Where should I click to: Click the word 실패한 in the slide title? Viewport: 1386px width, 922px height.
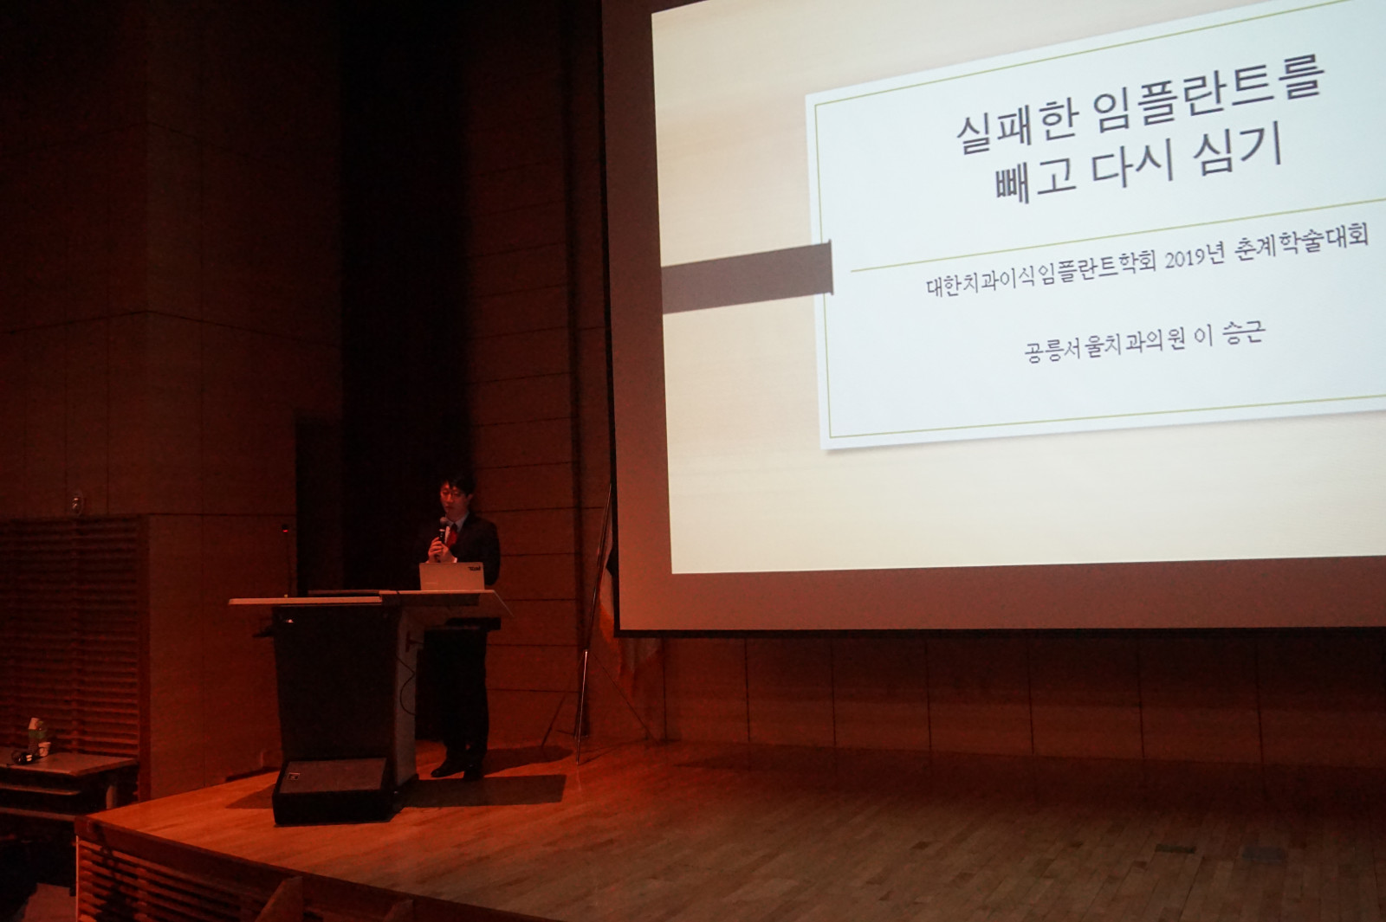[x=1017, y=126]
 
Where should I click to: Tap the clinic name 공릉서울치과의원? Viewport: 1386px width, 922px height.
[x=1104, y=347]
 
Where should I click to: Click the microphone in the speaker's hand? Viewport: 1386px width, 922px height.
[x=442, y=532]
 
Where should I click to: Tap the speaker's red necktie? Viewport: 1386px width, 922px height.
[x=453, y=536]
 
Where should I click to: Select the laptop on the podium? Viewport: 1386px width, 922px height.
[x=451, y=577]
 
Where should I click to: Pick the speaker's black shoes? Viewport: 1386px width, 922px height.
[x=457, y=769]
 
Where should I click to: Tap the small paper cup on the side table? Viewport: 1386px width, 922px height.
[x=43, y=749]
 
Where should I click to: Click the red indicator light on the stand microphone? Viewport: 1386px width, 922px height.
[x=285, y=529]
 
